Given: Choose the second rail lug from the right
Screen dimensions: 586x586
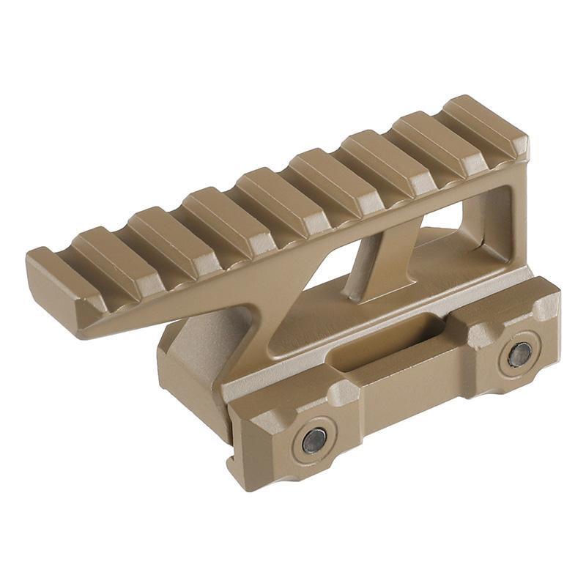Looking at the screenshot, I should pyautogui.click(x=432, y=143).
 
